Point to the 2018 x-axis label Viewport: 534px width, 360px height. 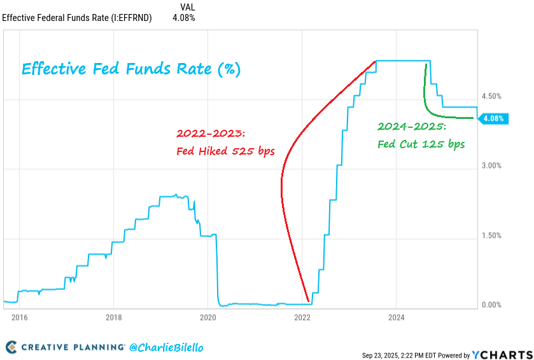click(x=113, y=317)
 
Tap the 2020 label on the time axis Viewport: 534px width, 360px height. click(x=208, y=317)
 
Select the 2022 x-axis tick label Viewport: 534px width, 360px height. click(x=302, y=317)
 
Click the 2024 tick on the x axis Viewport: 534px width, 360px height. click(x=397, y=317)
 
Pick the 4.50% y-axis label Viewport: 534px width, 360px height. click(x=491, y=97)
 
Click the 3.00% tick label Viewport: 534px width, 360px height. click(x=491, y=166)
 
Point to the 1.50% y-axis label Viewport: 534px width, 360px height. click(x=491, y=236)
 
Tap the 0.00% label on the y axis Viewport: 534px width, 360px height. click(x=491, y=305)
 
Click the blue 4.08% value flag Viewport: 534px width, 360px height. click(x=493, y=118)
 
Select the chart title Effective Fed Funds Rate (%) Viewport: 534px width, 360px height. click(x=132, y=69)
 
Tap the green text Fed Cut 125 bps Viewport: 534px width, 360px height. click(x=421, y=144)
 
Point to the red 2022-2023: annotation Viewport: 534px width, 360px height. click(x=210, y=134)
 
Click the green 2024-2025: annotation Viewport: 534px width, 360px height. click(x=411, y=126)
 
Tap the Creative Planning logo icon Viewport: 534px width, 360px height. click(x=11, y=347)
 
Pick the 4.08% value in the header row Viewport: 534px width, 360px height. click(x=184, y=18)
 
